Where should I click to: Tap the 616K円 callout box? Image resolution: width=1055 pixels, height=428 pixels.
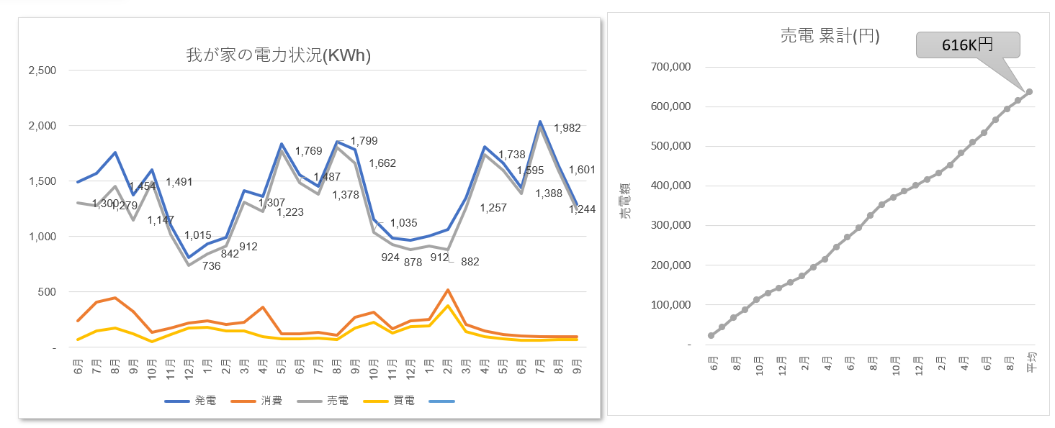[968, 45]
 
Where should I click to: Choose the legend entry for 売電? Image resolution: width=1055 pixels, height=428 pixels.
[324, 401]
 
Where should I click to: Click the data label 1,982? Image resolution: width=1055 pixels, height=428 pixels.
[567, 129]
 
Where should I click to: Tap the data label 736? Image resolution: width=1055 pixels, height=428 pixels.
[211, 266]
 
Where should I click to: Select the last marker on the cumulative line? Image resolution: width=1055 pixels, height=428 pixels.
[1029, 92]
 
